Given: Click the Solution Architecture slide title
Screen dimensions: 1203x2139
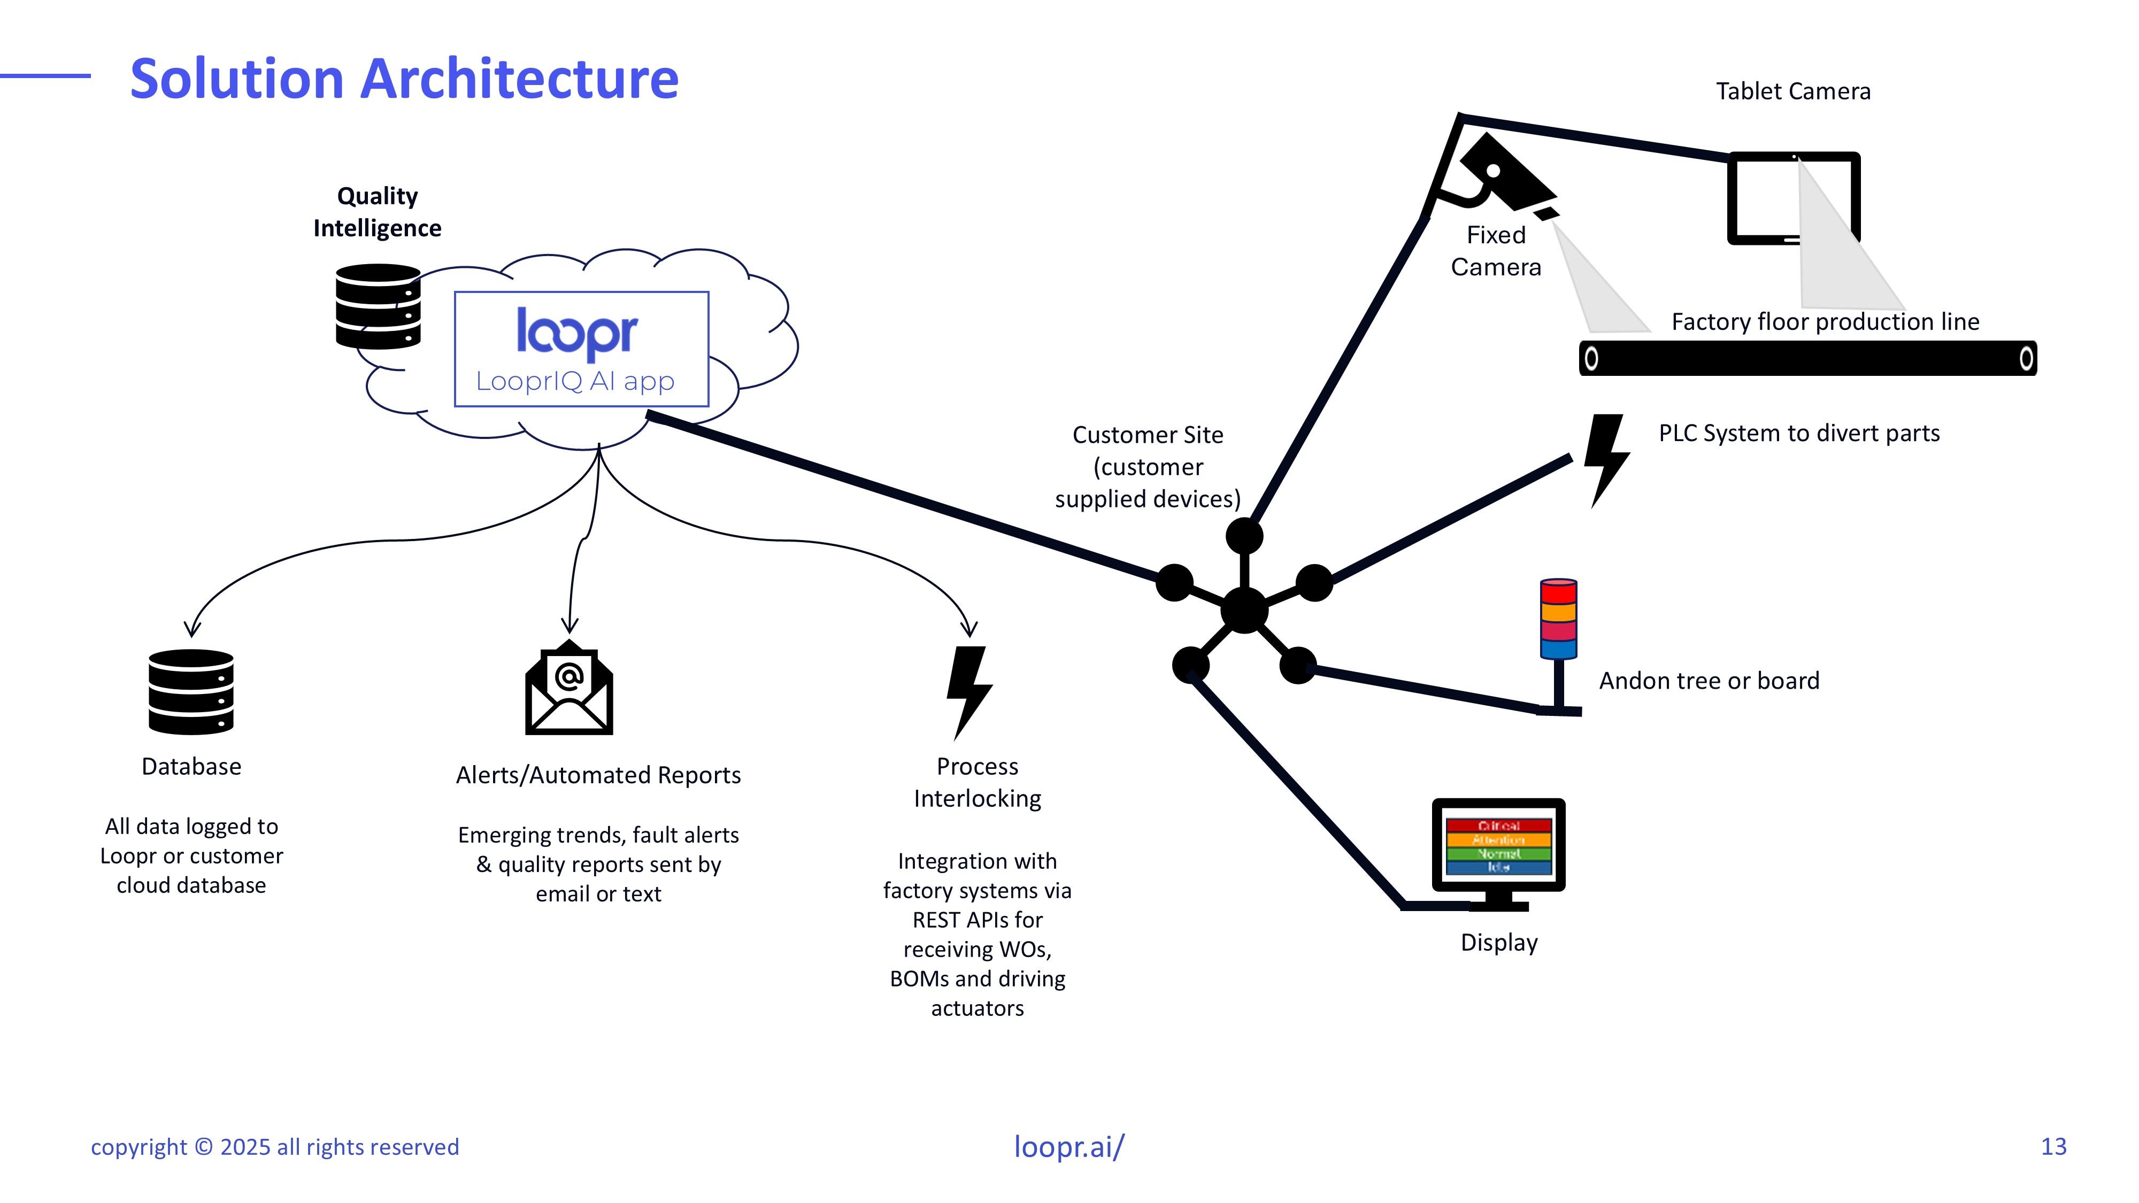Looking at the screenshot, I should (404, 79).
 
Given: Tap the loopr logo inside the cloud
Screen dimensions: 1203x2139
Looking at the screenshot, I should (577, 334).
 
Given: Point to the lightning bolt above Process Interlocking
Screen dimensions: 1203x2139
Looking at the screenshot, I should (969, 691).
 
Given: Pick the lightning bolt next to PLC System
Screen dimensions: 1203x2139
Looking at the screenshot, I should (1606, 459).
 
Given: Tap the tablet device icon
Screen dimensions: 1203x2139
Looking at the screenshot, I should (1794, 198).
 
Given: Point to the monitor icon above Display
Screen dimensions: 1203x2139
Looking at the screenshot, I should (1499, 851).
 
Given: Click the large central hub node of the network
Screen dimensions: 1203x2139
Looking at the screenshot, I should (1244, 610).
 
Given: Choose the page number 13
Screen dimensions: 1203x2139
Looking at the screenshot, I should (2053, 1146).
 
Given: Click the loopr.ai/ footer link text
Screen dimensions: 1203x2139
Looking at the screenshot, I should (1068, 1146).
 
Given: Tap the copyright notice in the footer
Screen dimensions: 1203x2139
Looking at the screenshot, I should (275, 1147).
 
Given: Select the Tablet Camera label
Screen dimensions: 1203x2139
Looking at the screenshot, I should (1792, 91).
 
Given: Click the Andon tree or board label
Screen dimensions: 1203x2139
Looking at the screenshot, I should (1709, 681).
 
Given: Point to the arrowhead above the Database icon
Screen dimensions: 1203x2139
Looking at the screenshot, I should (192, 628).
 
